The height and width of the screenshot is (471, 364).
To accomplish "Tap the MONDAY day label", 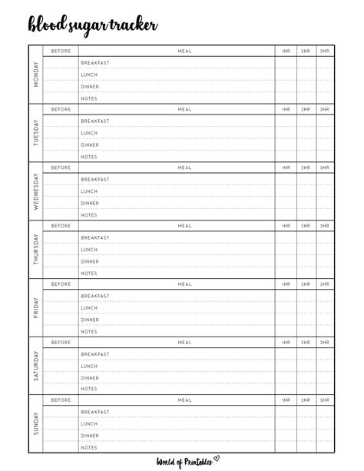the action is coord(35,75).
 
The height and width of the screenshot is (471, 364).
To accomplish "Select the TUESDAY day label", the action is coord(35,132).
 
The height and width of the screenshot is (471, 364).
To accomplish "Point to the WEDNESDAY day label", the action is coord(35,191).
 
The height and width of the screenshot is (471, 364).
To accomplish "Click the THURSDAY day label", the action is coord(35,250).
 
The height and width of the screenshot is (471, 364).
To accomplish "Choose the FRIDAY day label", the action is coord(35,308).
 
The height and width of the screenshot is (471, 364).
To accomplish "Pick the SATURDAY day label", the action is coord(35,367).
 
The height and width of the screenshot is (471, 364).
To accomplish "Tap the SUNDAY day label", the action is coord(35,425).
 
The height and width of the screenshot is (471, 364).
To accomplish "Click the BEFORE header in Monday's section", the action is coord(61,51).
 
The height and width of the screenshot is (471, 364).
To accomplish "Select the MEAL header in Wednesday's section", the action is coord(185,168).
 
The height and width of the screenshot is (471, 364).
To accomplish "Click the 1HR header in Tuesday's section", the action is coord(286,109).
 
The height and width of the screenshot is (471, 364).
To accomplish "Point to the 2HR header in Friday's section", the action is coord(306,284).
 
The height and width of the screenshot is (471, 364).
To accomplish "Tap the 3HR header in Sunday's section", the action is coord(325,400).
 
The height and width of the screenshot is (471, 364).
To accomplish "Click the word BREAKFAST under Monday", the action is coord(95,63).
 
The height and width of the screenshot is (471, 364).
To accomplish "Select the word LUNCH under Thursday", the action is coord(89,250).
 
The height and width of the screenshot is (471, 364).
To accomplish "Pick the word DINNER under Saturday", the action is coord(90,378).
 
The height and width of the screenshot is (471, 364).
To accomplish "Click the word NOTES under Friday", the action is coord(89,331).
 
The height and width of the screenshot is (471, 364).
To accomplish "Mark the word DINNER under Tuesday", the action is coord(90,144).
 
